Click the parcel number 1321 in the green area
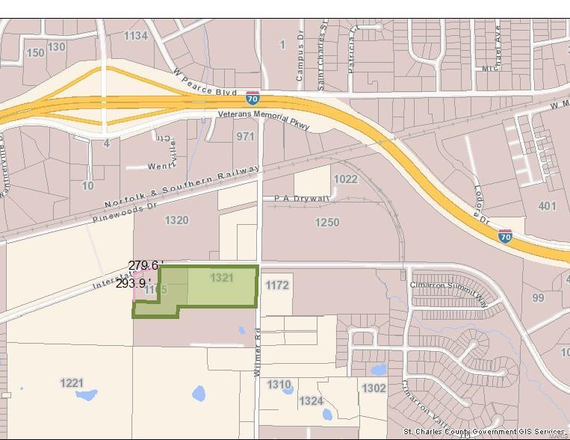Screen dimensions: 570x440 (x=222, y=278)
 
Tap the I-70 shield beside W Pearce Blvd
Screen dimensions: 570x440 (x=253, y=98)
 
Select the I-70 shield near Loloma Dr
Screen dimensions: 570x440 (x=505, y=236)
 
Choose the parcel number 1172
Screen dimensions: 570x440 (x=276, y=285)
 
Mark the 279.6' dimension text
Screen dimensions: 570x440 (x=144, y=266)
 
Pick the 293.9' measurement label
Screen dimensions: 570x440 (x=132, y=283)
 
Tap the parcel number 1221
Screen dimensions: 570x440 (x=72, y=382)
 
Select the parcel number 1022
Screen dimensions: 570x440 (x=345, y=179)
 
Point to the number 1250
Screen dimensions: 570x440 (x=326, y=222)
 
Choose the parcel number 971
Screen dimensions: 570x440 (x=245, y=137)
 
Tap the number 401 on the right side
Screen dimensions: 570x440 (x=547, y=205)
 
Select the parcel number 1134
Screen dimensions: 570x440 (x=135, y=36)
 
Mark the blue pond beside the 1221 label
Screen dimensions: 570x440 (x=87, y=395)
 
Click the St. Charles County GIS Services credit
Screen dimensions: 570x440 (x=484, y=432)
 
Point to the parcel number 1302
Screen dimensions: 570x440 (x=374, y=388)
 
